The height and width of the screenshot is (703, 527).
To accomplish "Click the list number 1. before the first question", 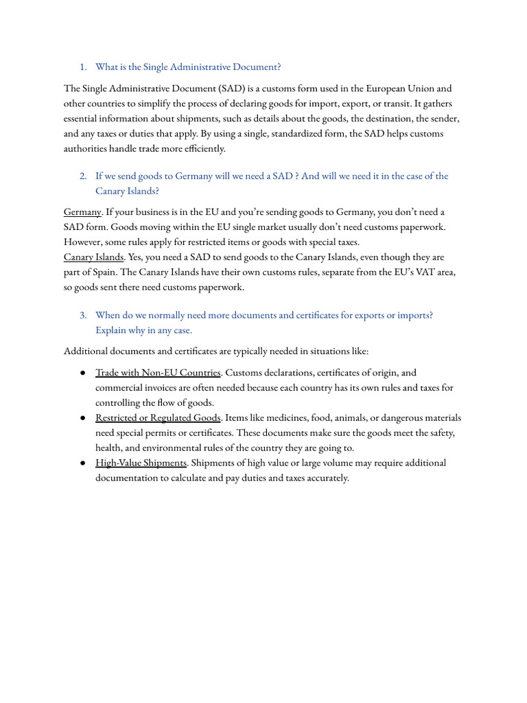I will (x=82, y=67).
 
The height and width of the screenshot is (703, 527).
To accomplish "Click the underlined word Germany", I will (x=82, y=211).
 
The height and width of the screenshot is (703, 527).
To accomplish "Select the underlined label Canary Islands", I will (x=93, y=257).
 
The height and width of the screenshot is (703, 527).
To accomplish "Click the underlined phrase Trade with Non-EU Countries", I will (x=158, y=373).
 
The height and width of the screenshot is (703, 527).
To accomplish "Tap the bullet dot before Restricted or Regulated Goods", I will (x=82, y=418).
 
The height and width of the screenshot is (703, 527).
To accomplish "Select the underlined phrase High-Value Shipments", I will (x=141, y=463).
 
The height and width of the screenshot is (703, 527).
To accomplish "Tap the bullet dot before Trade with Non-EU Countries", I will (x=82, y=373).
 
